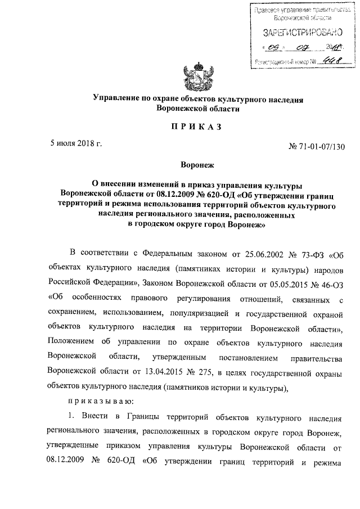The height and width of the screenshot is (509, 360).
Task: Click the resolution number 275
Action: (x=199, y=372)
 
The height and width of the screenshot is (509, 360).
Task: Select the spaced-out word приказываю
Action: (x=100, y=402)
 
